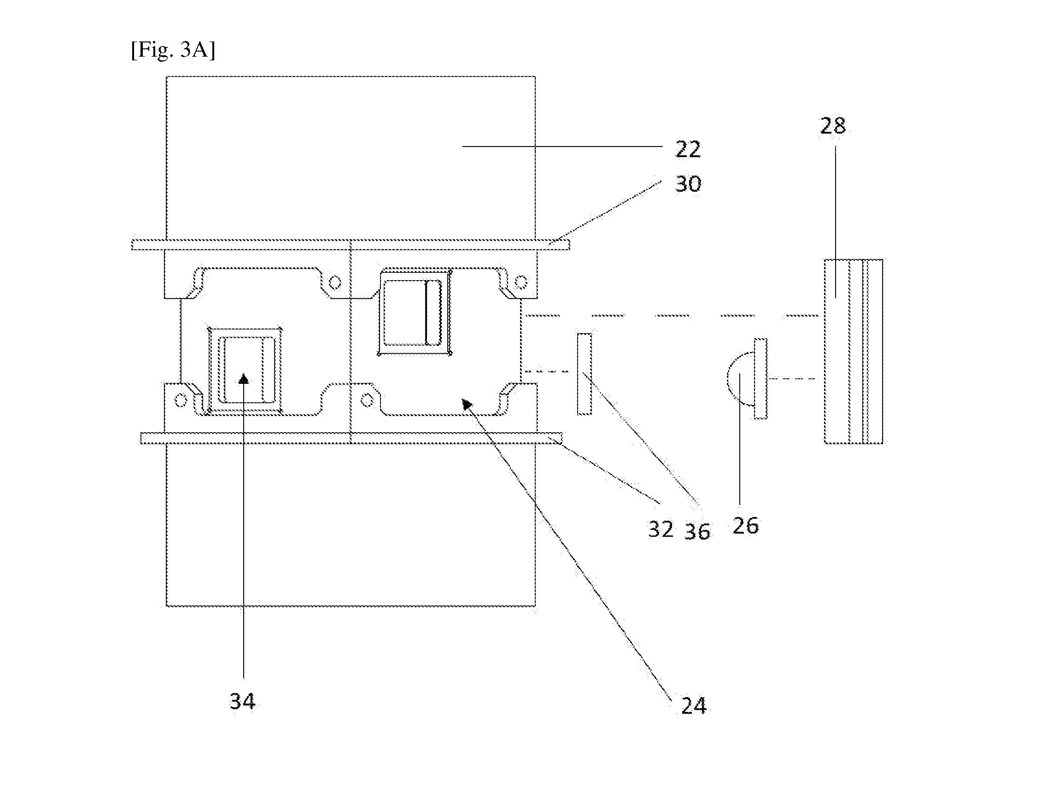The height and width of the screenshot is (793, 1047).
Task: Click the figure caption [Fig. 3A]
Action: (x=173, y=50)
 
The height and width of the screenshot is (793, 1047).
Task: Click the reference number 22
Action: (x=688, y=150)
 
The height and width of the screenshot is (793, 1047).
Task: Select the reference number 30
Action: (x=688, y=184)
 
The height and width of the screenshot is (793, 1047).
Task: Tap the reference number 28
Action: (x=833, y=126)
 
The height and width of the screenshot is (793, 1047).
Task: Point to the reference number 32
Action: (x=661, y=529)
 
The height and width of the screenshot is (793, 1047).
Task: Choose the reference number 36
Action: (x=697, y=532)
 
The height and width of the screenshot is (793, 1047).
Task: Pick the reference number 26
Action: (x=745, y=525)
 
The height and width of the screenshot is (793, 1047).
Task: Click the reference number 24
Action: (x=693, y=705)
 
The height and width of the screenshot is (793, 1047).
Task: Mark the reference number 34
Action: (x=242, y=701)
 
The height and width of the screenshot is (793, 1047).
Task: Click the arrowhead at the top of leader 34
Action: (x=244, y=378)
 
